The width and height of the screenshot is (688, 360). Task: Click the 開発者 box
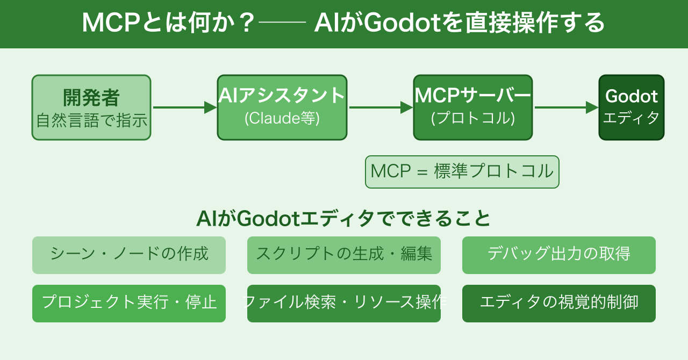click(91, 107)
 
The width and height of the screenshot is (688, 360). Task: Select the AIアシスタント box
click(282, 107)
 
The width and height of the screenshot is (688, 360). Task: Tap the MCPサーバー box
click(473, 107)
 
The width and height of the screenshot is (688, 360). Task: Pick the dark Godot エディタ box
click(632, 107)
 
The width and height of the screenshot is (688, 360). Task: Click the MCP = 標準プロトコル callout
click(462, 172)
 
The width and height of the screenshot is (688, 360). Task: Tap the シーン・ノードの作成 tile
click(129, 255)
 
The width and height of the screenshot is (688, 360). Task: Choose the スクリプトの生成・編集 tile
click(344, 255)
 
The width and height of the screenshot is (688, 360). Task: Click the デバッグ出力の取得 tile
click(559, 255)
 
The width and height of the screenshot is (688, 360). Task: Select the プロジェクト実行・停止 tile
click(129, 304)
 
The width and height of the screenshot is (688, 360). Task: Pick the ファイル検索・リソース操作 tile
click(344, 304)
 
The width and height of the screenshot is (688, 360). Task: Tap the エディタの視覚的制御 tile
click(559, 304)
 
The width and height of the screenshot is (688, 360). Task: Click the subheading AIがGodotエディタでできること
click(344, 219)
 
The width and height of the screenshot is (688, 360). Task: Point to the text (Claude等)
click(282, 118)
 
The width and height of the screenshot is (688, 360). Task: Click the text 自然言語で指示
click(91, 120)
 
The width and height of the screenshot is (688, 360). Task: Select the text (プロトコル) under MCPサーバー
click(473, 118)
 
